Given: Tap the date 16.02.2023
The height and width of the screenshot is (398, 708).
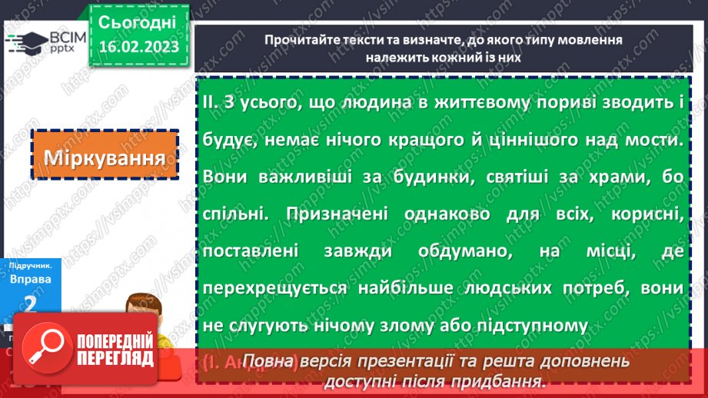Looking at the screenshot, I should [138, 47].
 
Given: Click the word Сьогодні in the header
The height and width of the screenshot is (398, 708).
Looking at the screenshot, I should [138, 21].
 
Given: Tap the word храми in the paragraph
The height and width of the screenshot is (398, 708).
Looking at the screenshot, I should [606, 177].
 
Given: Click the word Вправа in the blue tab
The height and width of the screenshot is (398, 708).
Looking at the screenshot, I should [31, 279].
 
